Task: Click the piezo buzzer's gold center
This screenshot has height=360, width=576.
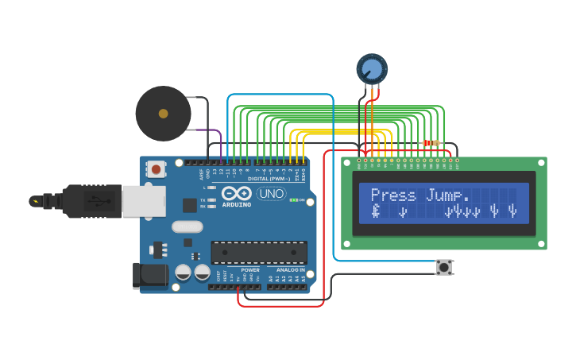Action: click(163, 114)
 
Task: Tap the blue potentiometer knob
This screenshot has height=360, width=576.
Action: click(371, 68)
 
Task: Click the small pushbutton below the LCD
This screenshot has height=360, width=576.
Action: click(444, 267)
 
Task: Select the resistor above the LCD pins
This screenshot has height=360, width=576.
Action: click(431, 143)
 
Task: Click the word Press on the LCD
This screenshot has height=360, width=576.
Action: click(393, 195)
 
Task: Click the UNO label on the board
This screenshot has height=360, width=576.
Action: click(271, 193)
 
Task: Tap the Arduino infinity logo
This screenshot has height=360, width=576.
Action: click(236, 193)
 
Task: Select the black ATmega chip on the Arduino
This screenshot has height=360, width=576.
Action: click(258, 252)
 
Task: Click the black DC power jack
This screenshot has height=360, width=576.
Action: click(149, 275)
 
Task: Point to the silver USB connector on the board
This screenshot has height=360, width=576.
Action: click(143, 200)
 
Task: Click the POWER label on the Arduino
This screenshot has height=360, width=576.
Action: click(249, 270)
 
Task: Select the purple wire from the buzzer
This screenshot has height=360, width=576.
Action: click(211, 131)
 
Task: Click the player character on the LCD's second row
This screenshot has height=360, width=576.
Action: click(376, 211)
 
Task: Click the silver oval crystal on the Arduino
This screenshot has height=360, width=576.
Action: click(187, 226)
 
